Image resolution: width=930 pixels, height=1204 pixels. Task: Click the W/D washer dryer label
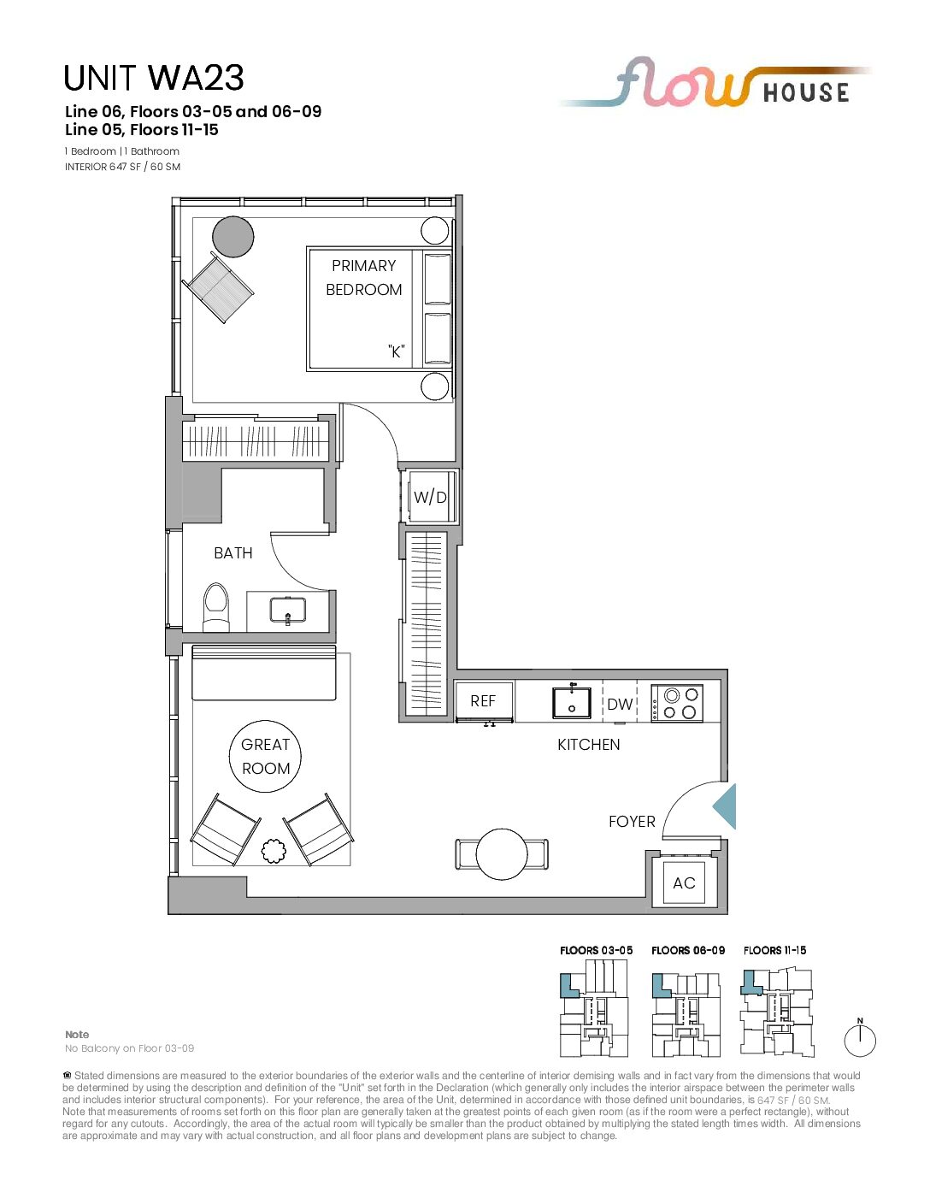[430, 497]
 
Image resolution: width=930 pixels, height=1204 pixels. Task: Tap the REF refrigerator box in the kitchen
[484, 701]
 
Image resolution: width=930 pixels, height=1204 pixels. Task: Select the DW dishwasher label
[620, 704]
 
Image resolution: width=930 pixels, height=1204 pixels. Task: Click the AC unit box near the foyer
[684, 882]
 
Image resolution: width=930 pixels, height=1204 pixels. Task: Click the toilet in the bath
[216, 607]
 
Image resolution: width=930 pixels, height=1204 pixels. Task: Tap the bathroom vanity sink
[287, 610]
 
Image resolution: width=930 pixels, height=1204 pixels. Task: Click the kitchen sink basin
[572, 703]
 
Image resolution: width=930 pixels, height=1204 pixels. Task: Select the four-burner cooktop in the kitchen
[677, 703]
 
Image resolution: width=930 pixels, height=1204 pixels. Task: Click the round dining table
[502, 853]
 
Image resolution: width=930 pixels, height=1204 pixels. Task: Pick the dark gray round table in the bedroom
[233, 237]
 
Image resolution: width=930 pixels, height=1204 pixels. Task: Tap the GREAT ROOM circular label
[265, 756]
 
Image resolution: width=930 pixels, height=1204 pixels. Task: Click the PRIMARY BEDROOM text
[363, 278]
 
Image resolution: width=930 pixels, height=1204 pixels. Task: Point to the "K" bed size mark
[396, 351]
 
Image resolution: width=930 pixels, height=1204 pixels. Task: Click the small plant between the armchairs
[273, 852]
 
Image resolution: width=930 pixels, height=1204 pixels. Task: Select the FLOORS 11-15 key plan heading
[775, 950]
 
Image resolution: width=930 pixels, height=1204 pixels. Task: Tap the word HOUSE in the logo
[806, 92]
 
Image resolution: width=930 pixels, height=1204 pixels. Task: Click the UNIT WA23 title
[153, 78]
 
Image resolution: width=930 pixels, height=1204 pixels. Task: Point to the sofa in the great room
[264, 673]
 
